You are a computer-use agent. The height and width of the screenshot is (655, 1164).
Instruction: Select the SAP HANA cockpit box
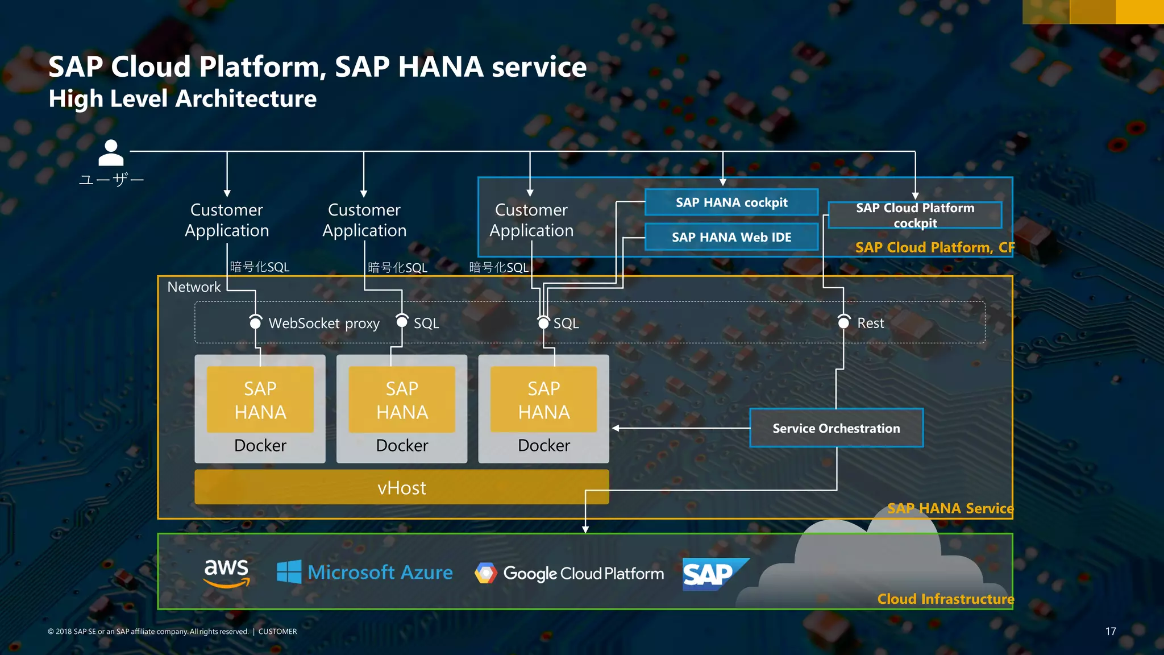pos(731,202)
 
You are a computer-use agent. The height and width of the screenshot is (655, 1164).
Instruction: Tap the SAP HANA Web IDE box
pos(731,237)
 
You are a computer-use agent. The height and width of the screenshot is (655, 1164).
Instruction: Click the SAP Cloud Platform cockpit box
pos(914,215)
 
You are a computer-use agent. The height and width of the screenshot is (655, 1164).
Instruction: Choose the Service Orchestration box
pos(836,428)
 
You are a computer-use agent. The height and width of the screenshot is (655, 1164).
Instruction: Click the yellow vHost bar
pos(401,487)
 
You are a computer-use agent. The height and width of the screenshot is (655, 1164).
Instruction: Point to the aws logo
pos(226,572)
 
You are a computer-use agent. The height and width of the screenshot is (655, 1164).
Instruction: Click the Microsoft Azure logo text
pos(380,572)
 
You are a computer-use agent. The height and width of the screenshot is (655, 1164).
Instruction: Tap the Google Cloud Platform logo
pos(569,573)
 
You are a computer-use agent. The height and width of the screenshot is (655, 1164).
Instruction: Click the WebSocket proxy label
pos(324,324)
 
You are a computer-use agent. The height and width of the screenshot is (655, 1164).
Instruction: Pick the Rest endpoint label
pos(870,324)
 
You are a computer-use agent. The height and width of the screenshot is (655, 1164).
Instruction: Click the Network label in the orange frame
pos(194,287)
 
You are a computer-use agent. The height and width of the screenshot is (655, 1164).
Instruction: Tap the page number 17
pos(1111,631)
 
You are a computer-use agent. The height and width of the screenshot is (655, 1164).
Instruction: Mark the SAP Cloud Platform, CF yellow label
pos(934,247)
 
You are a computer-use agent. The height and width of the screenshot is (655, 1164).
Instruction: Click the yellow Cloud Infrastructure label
pos(945,599)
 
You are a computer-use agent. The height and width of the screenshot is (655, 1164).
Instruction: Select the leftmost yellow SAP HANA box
pos(260,400)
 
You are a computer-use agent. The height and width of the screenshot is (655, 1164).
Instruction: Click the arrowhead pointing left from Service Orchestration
pos(616,428)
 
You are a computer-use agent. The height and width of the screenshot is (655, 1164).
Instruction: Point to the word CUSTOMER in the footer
pos(277,632)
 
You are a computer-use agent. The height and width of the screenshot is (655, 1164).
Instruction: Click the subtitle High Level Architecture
pos(182,99)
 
